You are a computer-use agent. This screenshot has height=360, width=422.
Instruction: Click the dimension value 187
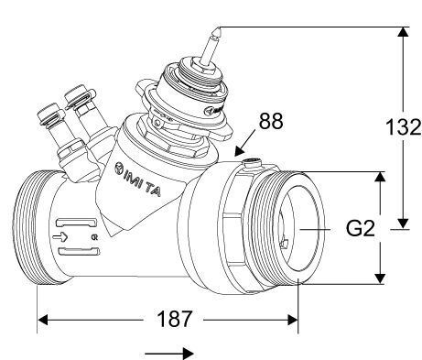(175, 319)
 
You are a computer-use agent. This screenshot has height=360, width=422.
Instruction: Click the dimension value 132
(404, 126)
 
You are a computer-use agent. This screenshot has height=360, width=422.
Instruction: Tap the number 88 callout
(271, 121)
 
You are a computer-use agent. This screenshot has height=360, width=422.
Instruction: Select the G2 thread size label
(360, 228)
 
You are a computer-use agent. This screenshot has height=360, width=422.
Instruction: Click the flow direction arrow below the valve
(169, 354)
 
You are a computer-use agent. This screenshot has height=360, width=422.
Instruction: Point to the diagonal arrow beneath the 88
(245, 143)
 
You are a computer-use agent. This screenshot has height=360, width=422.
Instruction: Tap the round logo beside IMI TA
(119, 169)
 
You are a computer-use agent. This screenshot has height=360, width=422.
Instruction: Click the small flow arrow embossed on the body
(60, 237)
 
